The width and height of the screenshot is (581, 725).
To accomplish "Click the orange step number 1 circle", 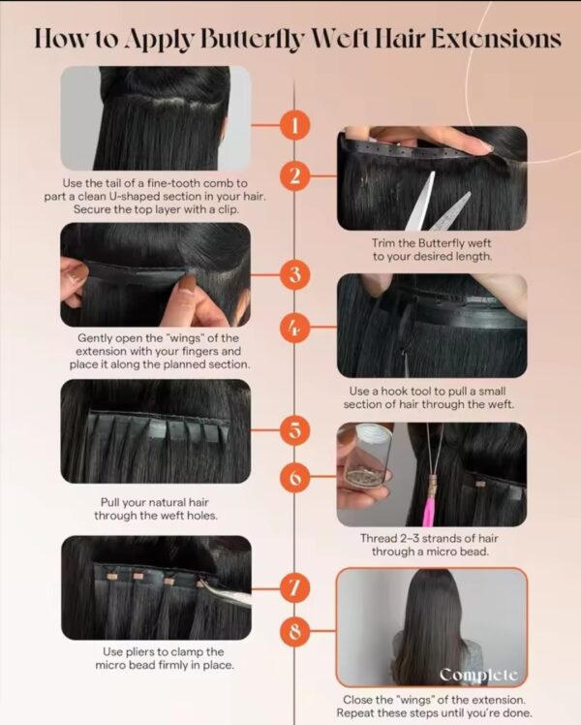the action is tap(294, 125).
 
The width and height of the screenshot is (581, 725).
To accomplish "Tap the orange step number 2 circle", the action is tap(294, 176).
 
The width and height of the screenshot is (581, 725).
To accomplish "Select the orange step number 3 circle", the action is tap(294, 275).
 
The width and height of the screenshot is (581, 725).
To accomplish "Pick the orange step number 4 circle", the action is tap(294, 328).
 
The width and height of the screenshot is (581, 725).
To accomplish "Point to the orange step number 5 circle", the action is tap(294, 430).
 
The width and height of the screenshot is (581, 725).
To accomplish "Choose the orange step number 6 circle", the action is tap(294, 476).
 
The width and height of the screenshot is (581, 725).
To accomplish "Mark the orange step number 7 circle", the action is tap(294, 588).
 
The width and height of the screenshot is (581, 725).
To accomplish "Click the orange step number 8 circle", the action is tap(294, 630).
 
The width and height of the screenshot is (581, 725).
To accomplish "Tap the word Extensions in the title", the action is tap(496, 39).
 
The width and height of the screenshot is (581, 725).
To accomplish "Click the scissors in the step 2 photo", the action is tap(437, 203).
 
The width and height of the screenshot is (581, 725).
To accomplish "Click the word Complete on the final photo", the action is tap(478, 675).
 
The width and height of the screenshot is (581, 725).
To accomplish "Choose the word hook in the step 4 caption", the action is tap(404, 392).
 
